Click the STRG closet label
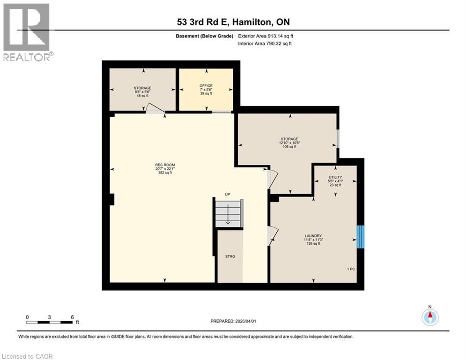[x=230, y=256]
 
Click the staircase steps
[x=228, y=214]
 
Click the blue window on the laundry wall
[x=361, y=237]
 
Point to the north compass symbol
[x=429, y=317]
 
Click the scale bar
[x=49, y=322]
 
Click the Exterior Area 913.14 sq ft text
[x=266, y=36]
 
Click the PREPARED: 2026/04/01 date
[x=233, y=321]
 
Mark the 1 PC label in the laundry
[x=351, y=269]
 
